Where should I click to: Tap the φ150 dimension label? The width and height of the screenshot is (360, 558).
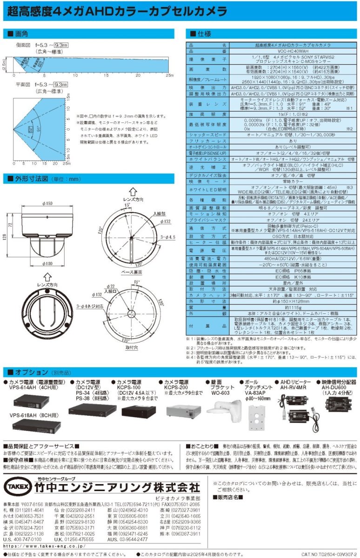click(47, 203)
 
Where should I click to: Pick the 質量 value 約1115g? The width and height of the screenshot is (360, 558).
click(273, 307)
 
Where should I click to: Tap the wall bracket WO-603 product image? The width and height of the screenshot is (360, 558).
click(222, 409)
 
